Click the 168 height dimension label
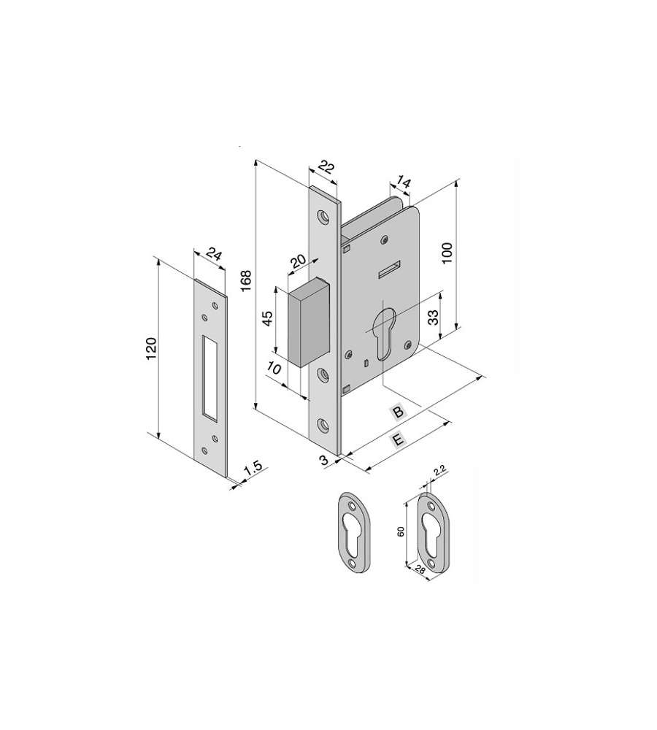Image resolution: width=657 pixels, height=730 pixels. coord(245,281)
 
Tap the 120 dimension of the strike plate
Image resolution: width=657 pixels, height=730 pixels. coord(151,348)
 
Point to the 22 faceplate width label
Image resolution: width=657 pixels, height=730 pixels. coord(327,167)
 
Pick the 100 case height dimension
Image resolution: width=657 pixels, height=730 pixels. coord(447,253)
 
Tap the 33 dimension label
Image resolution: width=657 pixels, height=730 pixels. coord(433,318)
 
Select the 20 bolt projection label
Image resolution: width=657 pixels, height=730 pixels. coord(298,262)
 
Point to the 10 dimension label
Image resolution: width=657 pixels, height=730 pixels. coord(274,369)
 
